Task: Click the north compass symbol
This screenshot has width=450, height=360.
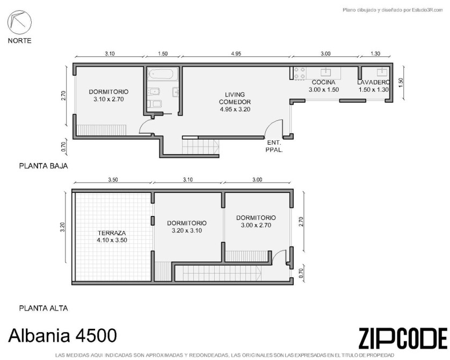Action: tap(19, 22)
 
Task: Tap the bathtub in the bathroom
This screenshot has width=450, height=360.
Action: tap(162, 74)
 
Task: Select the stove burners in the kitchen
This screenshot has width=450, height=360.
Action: tap(300, 73)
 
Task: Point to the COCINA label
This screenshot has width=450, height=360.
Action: tap(323, 82)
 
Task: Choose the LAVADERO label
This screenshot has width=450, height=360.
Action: tap(373, 82)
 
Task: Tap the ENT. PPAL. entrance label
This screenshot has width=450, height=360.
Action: tap(274, 146)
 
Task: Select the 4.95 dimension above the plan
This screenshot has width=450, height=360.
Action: tap(236, 53)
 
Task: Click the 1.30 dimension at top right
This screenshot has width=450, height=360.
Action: tap(375, 53)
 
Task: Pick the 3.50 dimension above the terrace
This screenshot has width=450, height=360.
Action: tap(113, 179)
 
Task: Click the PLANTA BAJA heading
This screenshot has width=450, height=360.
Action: tap(43, 166)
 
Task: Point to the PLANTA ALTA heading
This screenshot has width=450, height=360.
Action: tap(43, 308)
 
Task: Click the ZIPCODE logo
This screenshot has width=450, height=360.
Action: tap(403, 338)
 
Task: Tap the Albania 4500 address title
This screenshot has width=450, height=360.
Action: tap(63, 335)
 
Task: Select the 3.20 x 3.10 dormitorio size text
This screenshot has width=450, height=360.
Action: tap(187, 231)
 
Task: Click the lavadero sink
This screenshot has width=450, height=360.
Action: tap(382, 71)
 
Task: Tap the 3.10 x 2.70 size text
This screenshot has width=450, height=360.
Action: tap(108, 99)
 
